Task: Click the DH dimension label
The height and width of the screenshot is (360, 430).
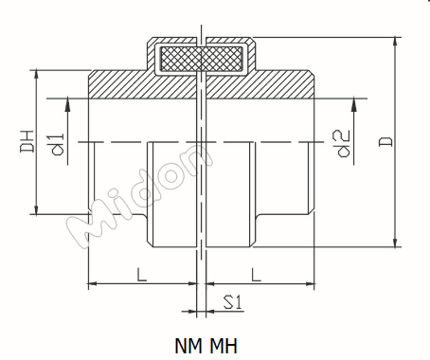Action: coord(26,142)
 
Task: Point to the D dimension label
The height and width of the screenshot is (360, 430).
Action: coord(385,140)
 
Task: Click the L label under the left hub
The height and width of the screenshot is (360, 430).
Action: coord(140,275)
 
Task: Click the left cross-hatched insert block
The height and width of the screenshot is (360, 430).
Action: coord(180,60)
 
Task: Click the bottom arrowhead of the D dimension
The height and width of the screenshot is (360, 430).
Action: coord(393,243)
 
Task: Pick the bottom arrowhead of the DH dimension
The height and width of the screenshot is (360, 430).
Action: coord(36,209)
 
